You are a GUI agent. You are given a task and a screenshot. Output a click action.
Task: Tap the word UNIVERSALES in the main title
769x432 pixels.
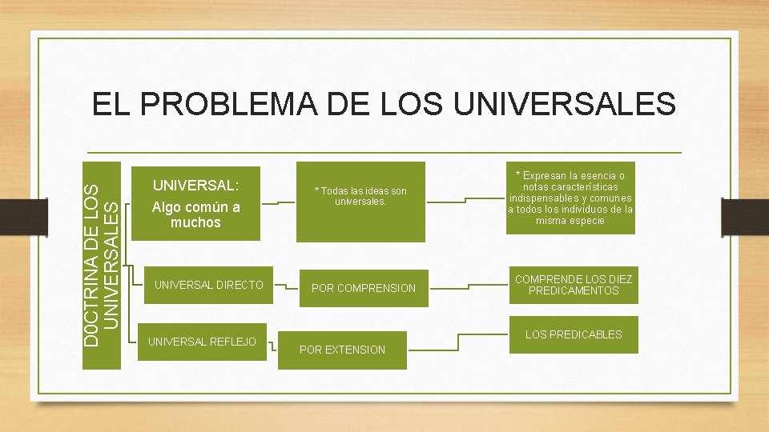(x=564, y=104)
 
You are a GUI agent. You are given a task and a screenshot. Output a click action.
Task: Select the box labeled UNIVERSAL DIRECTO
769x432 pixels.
(x=208, y=285)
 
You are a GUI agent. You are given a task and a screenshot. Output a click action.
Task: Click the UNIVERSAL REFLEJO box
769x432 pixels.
(x=202, y=342)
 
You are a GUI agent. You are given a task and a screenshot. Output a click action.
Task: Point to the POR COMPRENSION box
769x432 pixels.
(x=364, y=288)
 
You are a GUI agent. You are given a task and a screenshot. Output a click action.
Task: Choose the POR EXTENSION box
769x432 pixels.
(x=342, y=350)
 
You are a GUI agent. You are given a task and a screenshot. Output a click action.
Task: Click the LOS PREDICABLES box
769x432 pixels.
(x=573, y=334)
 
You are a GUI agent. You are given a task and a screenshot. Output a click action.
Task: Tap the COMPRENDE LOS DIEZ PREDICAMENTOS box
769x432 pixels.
(x=573, y=285)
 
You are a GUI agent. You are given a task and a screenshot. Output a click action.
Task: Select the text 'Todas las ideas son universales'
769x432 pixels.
(x=360, y=196)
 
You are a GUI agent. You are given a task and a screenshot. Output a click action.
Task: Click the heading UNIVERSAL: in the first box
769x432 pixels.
(x=195, y=185)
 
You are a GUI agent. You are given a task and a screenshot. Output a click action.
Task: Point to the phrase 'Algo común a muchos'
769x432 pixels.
(x=195, y=214)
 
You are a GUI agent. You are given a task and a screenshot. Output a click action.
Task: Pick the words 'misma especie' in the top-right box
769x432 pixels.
(x=570, y=221)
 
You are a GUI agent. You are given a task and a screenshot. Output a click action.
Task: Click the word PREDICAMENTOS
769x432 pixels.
(x=573, y=290)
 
